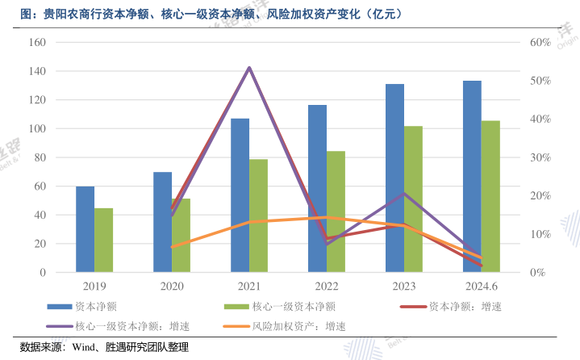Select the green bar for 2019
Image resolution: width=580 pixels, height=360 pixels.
click(103, 240)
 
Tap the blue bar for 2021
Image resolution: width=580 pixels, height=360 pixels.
click(240, 195)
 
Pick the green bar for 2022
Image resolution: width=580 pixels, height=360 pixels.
click(336, 211)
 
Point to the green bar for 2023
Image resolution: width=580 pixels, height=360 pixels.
click(413, 199)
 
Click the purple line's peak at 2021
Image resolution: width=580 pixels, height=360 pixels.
click(249, 68)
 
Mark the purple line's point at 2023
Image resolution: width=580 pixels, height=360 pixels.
click(404, 194)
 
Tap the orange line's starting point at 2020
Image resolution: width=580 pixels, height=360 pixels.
click(172, 247)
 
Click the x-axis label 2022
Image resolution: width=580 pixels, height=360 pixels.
click(327, 286)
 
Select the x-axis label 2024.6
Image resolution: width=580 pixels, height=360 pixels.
click(481, 286)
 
